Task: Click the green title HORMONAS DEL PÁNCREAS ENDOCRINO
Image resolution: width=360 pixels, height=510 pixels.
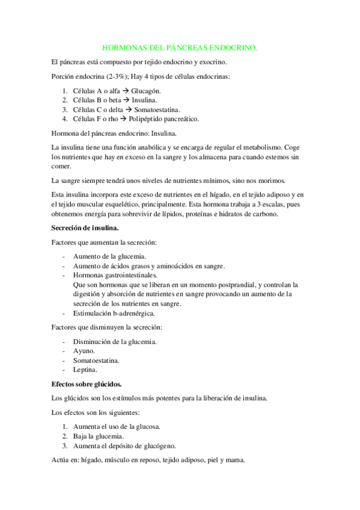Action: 180,46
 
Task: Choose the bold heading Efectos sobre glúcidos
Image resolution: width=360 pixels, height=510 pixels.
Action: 87,383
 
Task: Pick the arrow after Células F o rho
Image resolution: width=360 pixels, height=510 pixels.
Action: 120,118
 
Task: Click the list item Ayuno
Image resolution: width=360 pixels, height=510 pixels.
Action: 84,351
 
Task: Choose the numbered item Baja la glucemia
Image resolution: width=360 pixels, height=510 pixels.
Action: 99,436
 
